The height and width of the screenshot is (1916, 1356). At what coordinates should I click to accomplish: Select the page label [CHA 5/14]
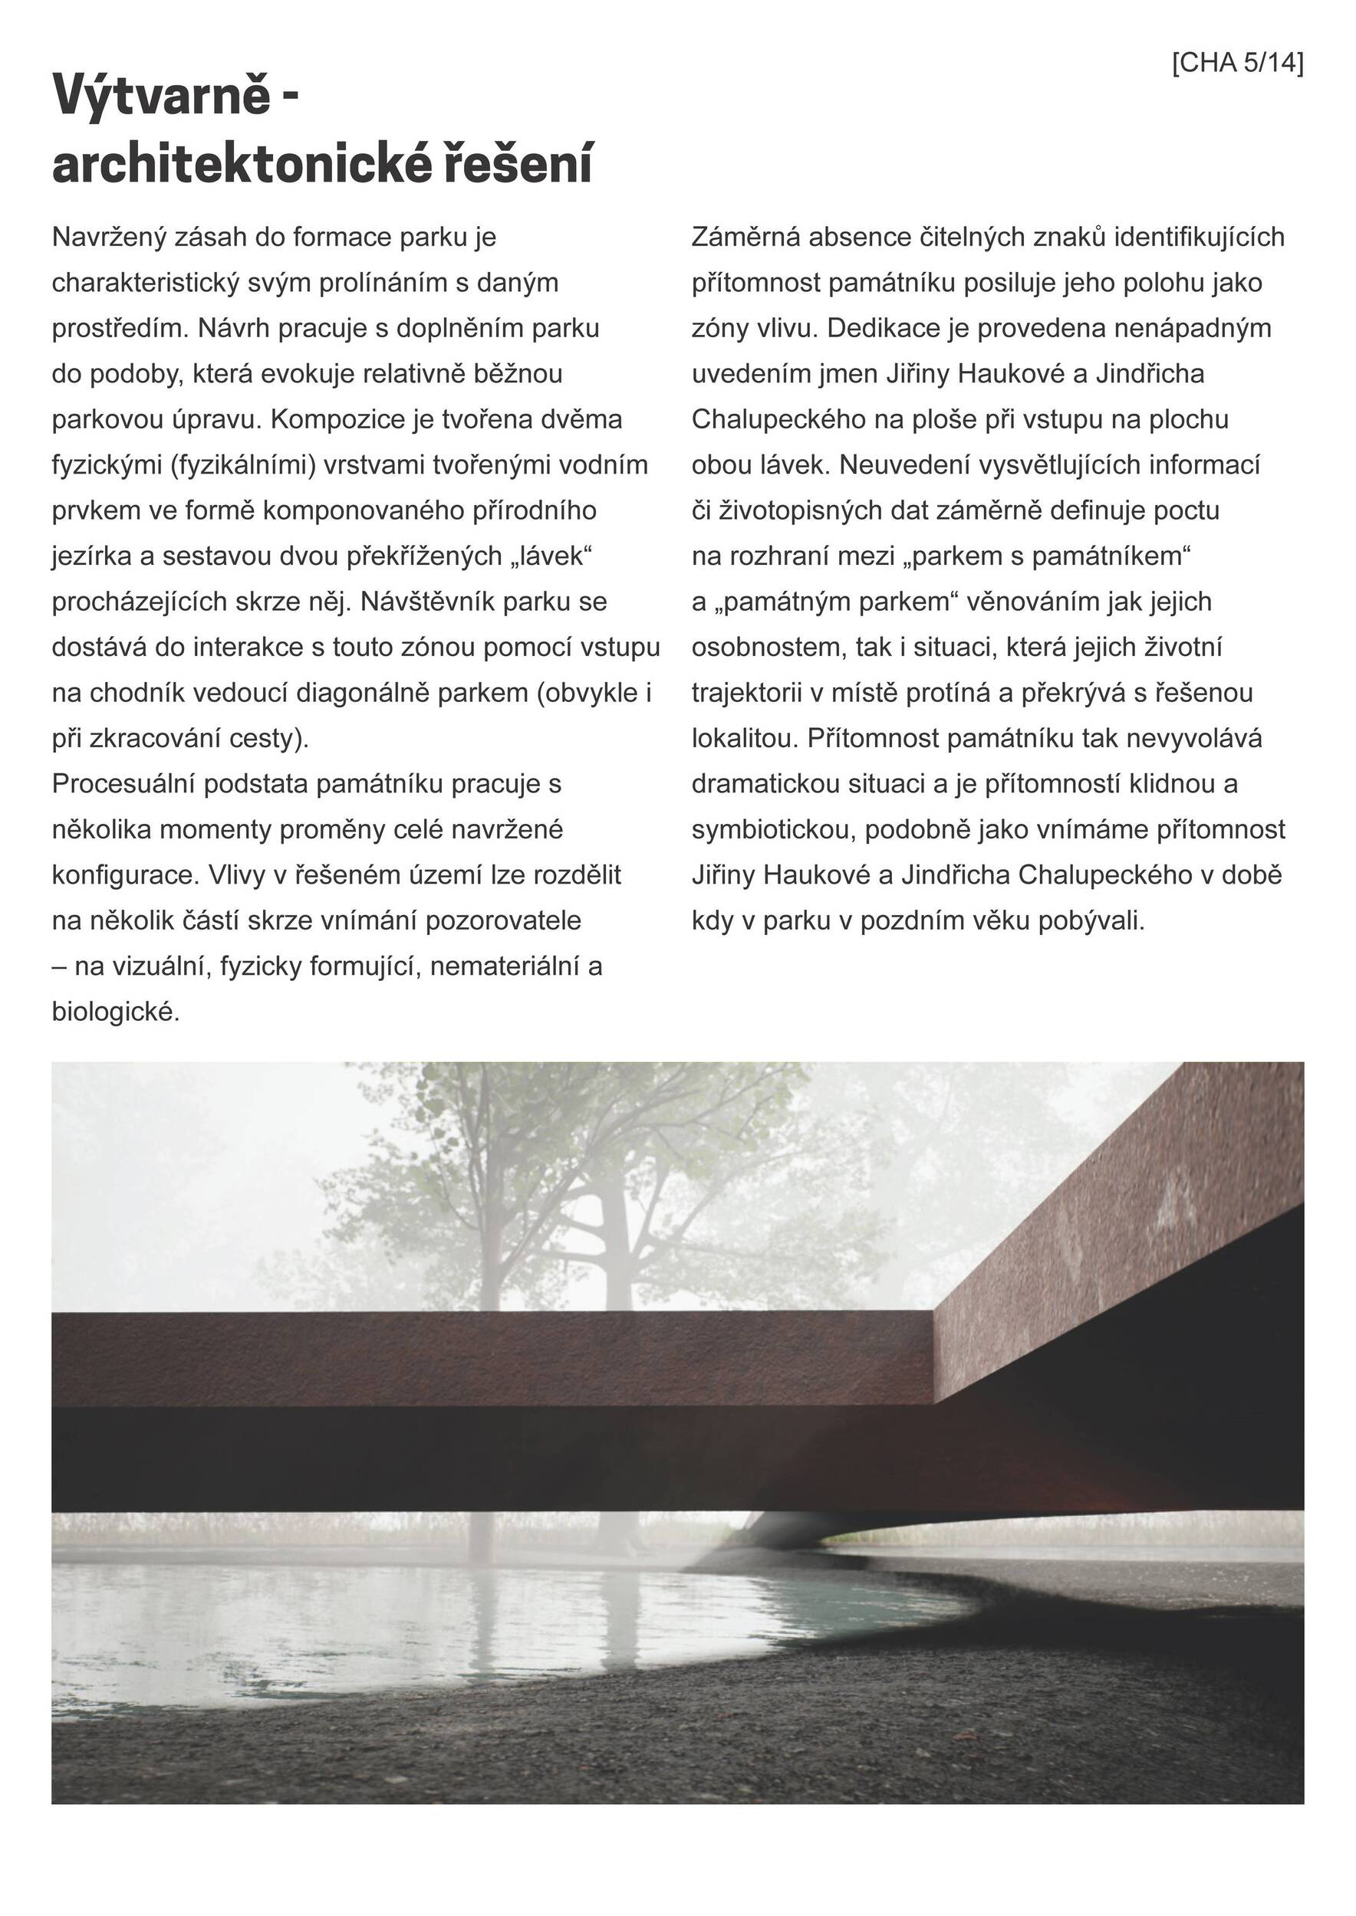click(x=1237, y=63)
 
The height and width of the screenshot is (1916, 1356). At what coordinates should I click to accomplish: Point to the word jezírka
click(x=91, y=556)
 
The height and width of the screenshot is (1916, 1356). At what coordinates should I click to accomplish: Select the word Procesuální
click(x=123, y=783)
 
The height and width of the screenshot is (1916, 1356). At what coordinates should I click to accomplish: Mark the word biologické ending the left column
click(x=114, y=1012)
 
